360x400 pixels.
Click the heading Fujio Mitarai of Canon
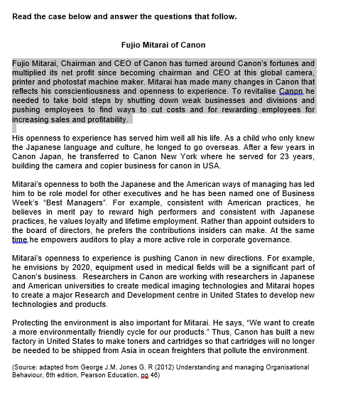point(163,45)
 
